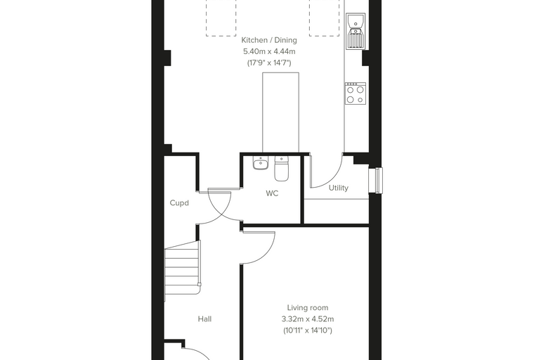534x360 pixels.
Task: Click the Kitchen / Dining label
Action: (x=269, y=40)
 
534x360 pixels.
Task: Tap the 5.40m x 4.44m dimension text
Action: (x=269, y=51)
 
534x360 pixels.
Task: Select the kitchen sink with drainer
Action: (x=356, y=32)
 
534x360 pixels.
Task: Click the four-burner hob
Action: (x=356, y=93)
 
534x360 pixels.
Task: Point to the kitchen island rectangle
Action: (x=280, y=112)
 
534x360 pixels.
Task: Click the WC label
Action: (x=272, y=193)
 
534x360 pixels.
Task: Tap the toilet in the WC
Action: (x=281, y=169)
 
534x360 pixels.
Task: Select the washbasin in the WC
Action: (x=261, y=163)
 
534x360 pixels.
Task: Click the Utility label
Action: (x=339, y=188)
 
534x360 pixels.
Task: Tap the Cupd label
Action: (x=179, y=202)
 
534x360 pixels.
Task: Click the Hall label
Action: (x=204, y=319)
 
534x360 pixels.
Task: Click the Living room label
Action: (x=308, y=308)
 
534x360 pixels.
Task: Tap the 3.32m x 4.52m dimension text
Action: (x=308, y=319)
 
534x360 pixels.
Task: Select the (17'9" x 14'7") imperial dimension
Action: (x=269, y=63)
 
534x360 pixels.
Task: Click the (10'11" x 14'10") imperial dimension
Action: (x=308, y=330)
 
